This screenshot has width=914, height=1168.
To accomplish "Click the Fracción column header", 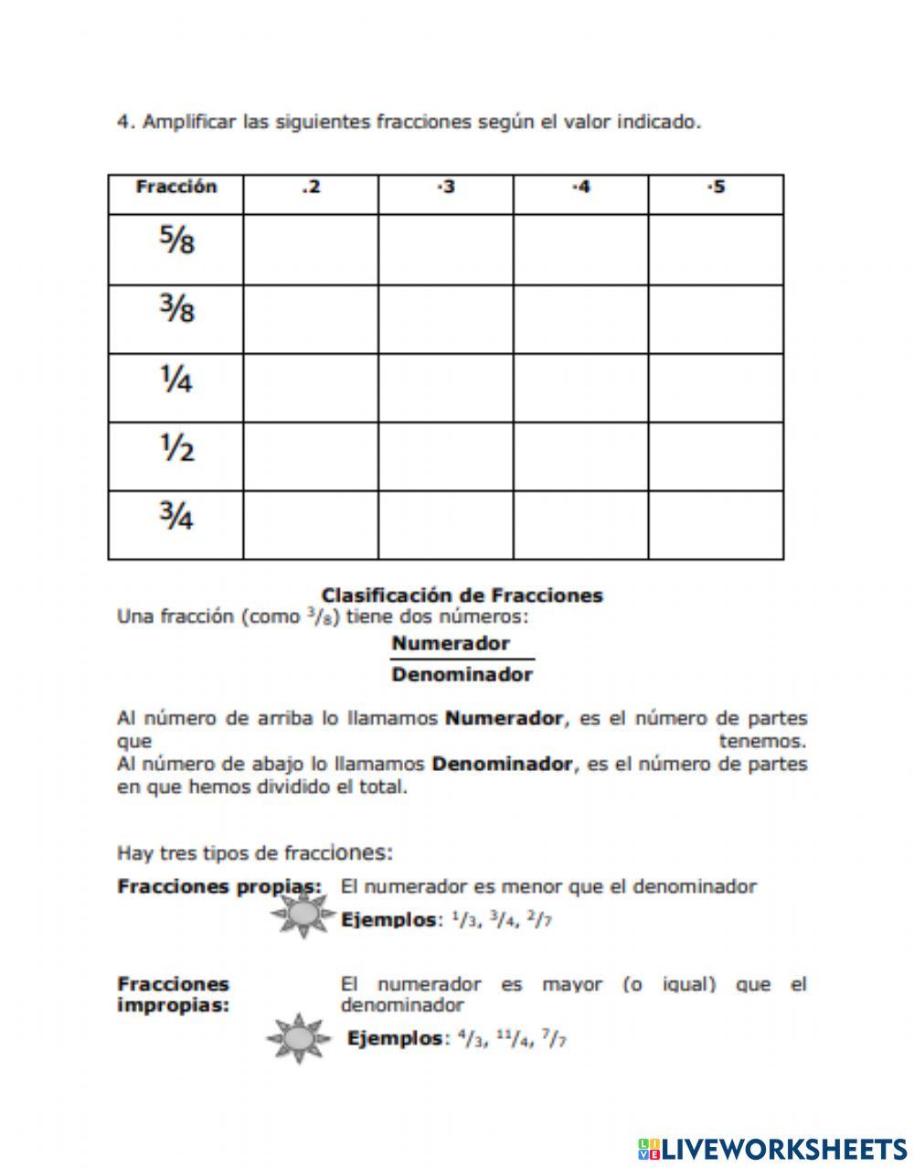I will point(175,188).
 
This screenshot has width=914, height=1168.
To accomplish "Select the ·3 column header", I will point(445,188).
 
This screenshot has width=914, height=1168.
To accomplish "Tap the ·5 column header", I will point(716,188).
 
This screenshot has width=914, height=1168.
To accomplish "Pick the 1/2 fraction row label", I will point(175,449).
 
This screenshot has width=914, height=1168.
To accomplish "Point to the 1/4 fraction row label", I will point(175,380).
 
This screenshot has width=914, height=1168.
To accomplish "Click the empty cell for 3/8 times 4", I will point(580,318).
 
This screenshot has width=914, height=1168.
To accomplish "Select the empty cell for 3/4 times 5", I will point(716,524).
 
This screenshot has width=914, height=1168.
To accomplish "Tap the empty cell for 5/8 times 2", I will point(311,249).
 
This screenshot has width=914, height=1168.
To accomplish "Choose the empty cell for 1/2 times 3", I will point(445,455).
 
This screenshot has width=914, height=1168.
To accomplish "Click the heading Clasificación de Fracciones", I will point(462,595).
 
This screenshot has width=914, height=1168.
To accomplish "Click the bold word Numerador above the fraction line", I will point(451,643).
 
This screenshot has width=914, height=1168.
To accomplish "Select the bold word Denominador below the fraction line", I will point(462,675).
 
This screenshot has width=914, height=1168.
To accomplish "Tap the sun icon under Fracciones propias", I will point(299,913).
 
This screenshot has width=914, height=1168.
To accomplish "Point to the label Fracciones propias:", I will point(219,886).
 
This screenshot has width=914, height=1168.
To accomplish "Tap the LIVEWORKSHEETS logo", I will point(771,1149).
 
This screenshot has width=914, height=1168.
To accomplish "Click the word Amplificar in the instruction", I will point(188,122).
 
